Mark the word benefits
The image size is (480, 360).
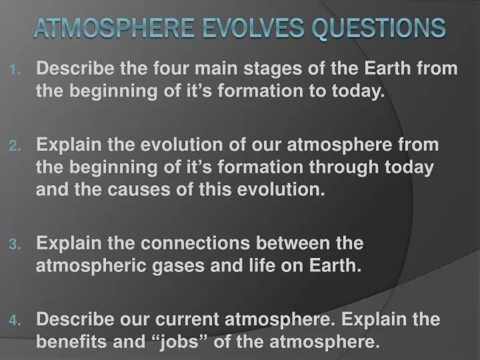click(65, 342)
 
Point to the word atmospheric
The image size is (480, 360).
click(79, 266)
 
